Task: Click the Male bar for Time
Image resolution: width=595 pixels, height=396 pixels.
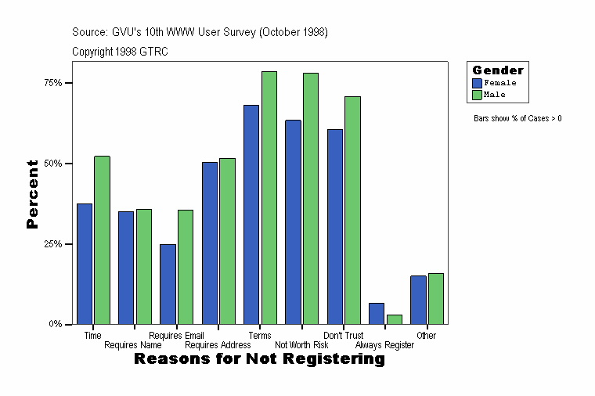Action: (103, 240)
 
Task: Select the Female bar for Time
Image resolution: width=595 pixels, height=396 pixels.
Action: (85, 264)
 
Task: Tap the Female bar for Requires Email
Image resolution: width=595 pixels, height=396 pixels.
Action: (168, 284)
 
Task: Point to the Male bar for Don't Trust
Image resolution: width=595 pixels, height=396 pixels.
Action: (352, 211)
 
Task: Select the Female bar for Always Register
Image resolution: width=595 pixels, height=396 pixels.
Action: (377, 314)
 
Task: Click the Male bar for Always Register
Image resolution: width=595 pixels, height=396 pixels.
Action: (395, 319)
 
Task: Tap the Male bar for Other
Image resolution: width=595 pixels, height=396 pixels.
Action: (436, 299)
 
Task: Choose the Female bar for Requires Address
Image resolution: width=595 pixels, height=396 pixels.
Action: (210, 243)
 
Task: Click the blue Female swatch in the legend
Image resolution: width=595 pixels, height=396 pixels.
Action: (478, 83)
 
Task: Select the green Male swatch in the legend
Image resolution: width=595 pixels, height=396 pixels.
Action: (478, 95)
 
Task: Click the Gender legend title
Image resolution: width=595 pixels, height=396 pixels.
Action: (498, 70)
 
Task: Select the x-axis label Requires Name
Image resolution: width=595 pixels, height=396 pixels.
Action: (133, 345)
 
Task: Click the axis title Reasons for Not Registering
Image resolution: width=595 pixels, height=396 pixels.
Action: (259, 359)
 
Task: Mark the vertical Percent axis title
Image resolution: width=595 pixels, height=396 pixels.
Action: (32, 194)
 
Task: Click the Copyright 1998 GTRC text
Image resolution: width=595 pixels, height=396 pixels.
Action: (120, 52)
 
